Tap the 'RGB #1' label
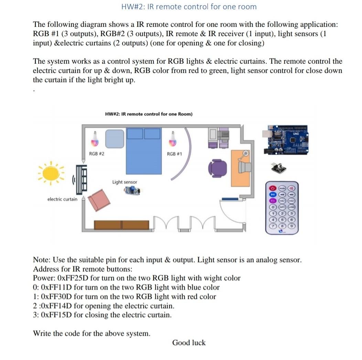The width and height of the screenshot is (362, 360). (x=174, y=154)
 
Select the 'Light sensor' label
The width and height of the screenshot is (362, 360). (x=125, y=182)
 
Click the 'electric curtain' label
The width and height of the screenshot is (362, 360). (x=62, y=199)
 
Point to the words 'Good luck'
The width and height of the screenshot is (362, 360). (x=189, y=342)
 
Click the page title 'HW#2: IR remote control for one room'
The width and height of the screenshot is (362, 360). (x=189, y=7)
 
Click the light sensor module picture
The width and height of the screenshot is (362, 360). (x=133, y=190)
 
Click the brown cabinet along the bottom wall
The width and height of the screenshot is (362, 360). (x=122, y=225)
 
